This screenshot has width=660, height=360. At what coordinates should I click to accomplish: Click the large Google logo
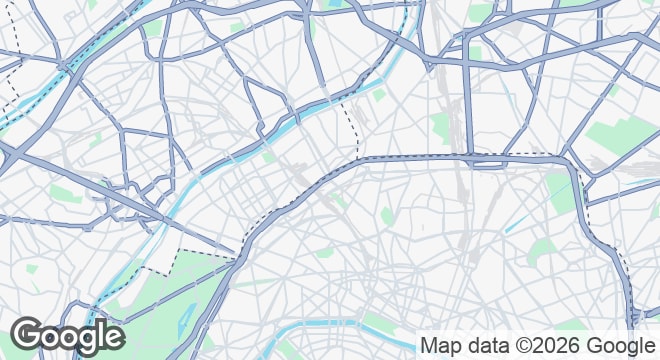pyautogui.click(x=68, y=336)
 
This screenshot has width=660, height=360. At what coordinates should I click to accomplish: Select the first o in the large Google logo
pyautogui.click(x=52, y=338)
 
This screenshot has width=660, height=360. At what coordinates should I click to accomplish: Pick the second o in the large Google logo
pyautogui.click(x=72, y=338)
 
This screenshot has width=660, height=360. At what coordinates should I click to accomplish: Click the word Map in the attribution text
pyautogui.click(x=440, y=346)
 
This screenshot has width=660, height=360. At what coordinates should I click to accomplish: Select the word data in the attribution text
pyautogui.click(x=485, y=345)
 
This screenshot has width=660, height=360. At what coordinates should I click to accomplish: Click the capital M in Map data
pyautogui.click(x=429, y=345)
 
